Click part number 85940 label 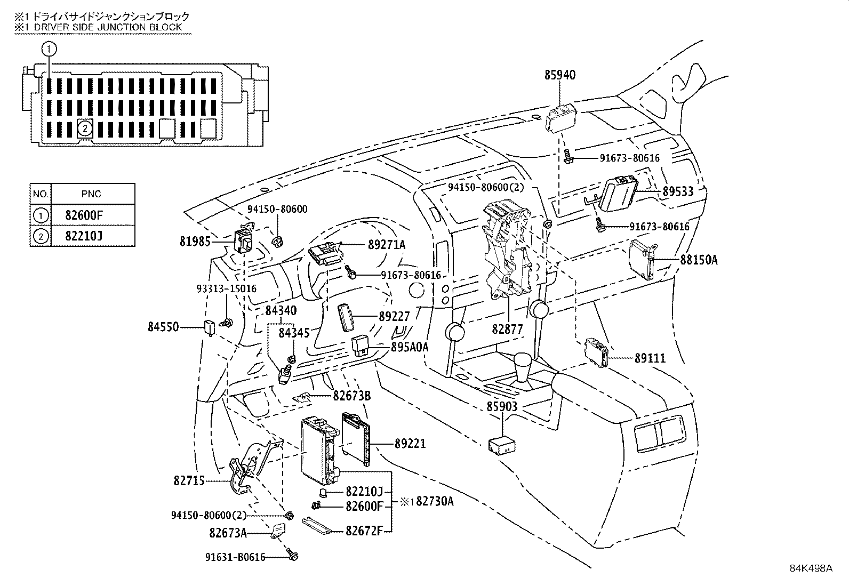pyautogui.click(x=560, y=75)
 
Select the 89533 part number pyautogui.click(x=678, y=191)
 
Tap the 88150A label pyautogui.click(x=699, y=260)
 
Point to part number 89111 pyautogui.click(x=650, y=358)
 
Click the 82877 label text pyautogui.click(x=507, y=330)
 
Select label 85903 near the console pyautogui.click(x=502, y=407)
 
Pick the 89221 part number pyautogui.click(x=410, y=443)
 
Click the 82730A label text pyautogui.click(x=435, y=501)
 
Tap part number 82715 pyautogui.click(x=189, y=481)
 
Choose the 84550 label pyautogui.click(x=163, y=327)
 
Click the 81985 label pyautogui.click(x=195, y=242)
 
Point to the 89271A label pyautogui.click(x=387, y=245)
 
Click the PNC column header pyautogui.click(x=91, y=194)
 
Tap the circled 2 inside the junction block pyautogui.click(x=84, y=128)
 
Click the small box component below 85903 pyautogui.click(x=501, y=445)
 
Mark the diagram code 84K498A pyautogui.click(x=811, y=568)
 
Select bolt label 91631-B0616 pyautogui.click(x=235, y=557)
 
